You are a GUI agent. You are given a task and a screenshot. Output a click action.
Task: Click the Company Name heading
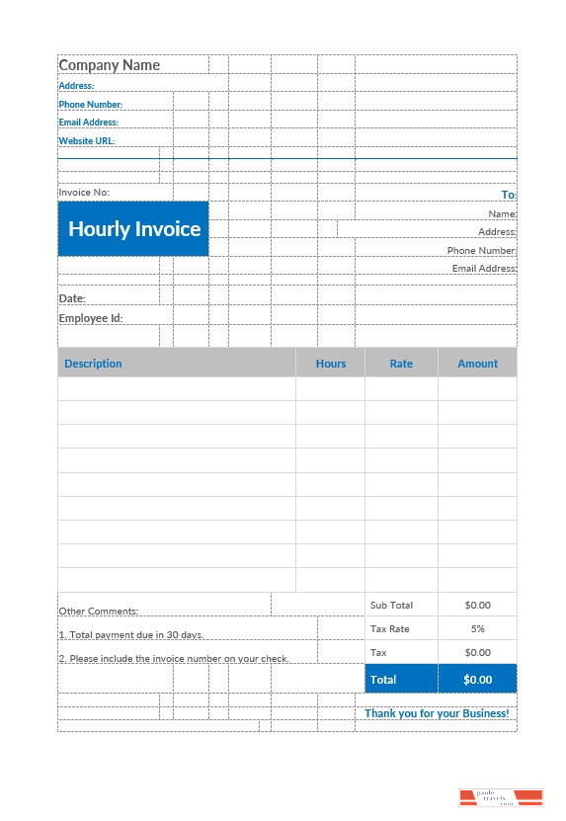[x=109, y=65]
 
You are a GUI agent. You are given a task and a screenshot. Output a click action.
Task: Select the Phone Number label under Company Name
[x=91, y=104]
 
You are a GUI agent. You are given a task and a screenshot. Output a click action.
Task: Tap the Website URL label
[x=87, y=141]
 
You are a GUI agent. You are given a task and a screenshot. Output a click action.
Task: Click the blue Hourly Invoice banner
[x=133, y=229]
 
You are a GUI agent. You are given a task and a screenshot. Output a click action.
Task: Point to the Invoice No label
[x=84, y=193]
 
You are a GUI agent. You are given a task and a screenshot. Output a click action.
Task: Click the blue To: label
[x=509, y=196]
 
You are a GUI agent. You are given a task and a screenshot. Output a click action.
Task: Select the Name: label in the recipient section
[x=503, y=213]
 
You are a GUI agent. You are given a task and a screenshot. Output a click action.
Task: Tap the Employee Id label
[x=91, y=318]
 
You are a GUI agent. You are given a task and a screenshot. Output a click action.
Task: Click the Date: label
[x=72, y=298]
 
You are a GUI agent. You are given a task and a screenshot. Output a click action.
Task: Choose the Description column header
[x=93, y=364]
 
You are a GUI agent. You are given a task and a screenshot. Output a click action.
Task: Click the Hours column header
[x=331, y=364]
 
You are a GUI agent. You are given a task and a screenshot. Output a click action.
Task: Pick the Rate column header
[x=401, y=364]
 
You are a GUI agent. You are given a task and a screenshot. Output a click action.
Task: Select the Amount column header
[x=477, y=364]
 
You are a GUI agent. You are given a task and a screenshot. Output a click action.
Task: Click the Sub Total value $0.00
[x=477, y=605]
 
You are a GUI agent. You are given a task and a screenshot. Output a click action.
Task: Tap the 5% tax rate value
[x=477, y=628]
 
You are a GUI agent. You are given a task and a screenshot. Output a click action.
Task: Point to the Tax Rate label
[x=389, y=628]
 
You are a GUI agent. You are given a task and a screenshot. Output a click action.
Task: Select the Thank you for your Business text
[x=437, y=713]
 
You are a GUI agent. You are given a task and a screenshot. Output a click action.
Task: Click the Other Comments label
[x=99, y=612]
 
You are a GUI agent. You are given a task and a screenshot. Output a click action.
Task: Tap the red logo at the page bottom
[x=501, y=798]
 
